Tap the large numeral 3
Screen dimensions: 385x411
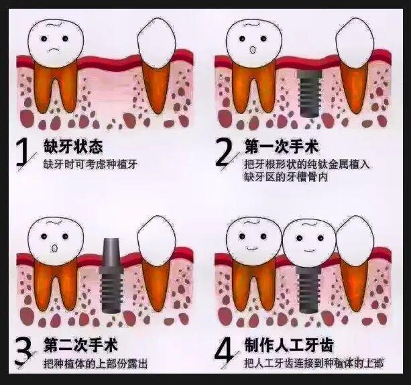tap(24, 351)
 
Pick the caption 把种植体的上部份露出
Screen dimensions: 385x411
tap(95, 364)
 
